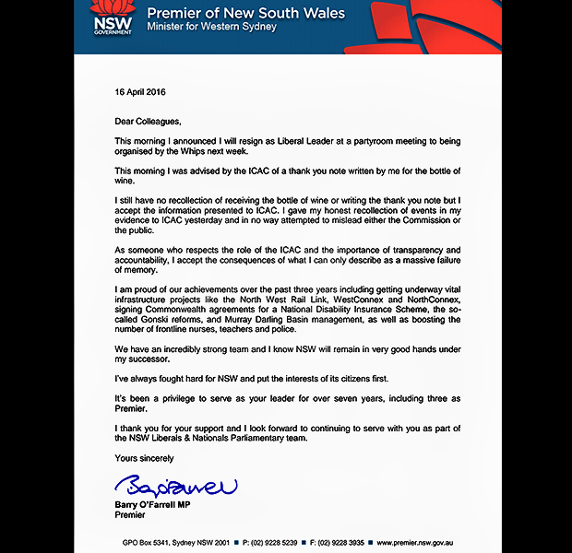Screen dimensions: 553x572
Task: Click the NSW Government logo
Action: [113, 18]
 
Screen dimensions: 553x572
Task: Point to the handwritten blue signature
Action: [176, 484]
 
